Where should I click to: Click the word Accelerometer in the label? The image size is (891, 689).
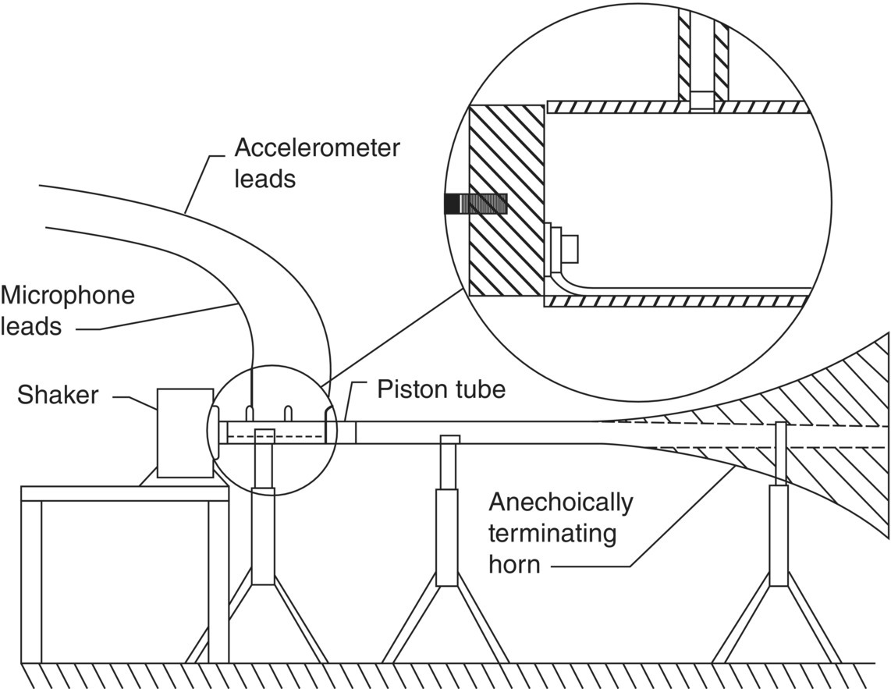(x=318, y=147)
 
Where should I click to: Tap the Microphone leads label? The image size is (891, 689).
(x=67, y=311)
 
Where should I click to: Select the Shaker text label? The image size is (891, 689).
(x=58, y=395)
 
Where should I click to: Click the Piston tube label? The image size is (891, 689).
(x=441, y=389)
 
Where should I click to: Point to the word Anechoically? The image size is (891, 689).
(x=560, y=503)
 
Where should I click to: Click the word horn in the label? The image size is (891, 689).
(x=514, y=563)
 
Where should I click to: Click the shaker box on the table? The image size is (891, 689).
(x=185, y=432)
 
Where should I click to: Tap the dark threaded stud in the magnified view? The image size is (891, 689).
(x=475, y=204)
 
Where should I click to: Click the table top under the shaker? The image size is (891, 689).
(x=125, y=493)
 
